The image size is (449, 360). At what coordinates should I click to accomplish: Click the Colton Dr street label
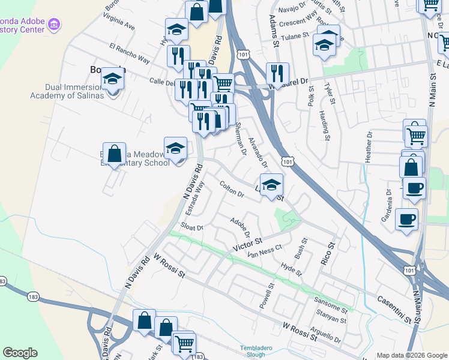point(232,190)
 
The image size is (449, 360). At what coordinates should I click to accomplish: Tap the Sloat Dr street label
point(193,227)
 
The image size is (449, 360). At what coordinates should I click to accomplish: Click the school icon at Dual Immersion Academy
point(112,77)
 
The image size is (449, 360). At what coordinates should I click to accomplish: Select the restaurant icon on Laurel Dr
point(277,73)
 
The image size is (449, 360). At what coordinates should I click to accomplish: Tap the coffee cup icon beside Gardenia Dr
point(406,218)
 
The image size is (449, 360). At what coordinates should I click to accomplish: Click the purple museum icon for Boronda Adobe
point(54,25)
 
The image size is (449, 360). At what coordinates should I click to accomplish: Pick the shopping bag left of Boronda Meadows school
point(114,153)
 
